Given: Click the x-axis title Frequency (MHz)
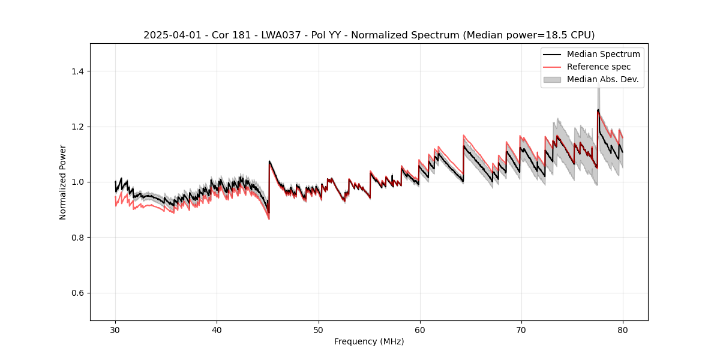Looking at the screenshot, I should pos(369,341).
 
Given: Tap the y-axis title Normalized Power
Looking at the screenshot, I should pos(63,182).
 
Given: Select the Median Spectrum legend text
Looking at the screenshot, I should pos(603,54).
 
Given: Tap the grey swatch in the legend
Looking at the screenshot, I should pos(552,79).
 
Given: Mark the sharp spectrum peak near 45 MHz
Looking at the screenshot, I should pos(269,161).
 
